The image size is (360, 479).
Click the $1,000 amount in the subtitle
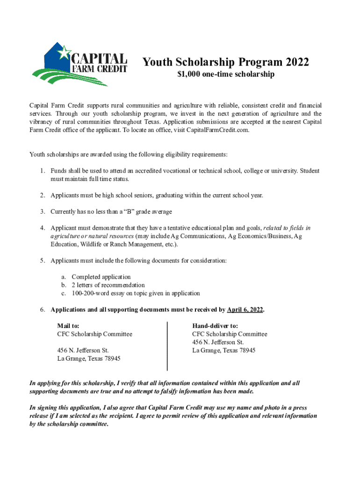(x=189, y=74)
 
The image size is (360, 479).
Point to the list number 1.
(x=42, y=171)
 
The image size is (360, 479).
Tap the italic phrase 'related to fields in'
(x=287, y=228)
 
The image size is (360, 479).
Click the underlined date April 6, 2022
(x=245, y=310)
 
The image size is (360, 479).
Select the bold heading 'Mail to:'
(x=68, y=326)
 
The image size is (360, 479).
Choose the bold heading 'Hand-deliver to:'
(x=215, y=326)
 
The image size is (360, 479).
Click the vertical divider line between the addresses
(x=167, y=346)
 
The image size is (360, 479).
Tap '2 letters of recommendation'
(x=108, y=285)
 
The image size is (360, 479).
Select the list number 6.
(x=42, y=310)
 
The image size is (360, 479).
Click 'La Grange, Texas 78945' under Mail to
(x=89, y=358)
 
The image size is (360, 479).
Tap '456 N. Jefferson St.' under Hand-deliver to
(x=218, y=342)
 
